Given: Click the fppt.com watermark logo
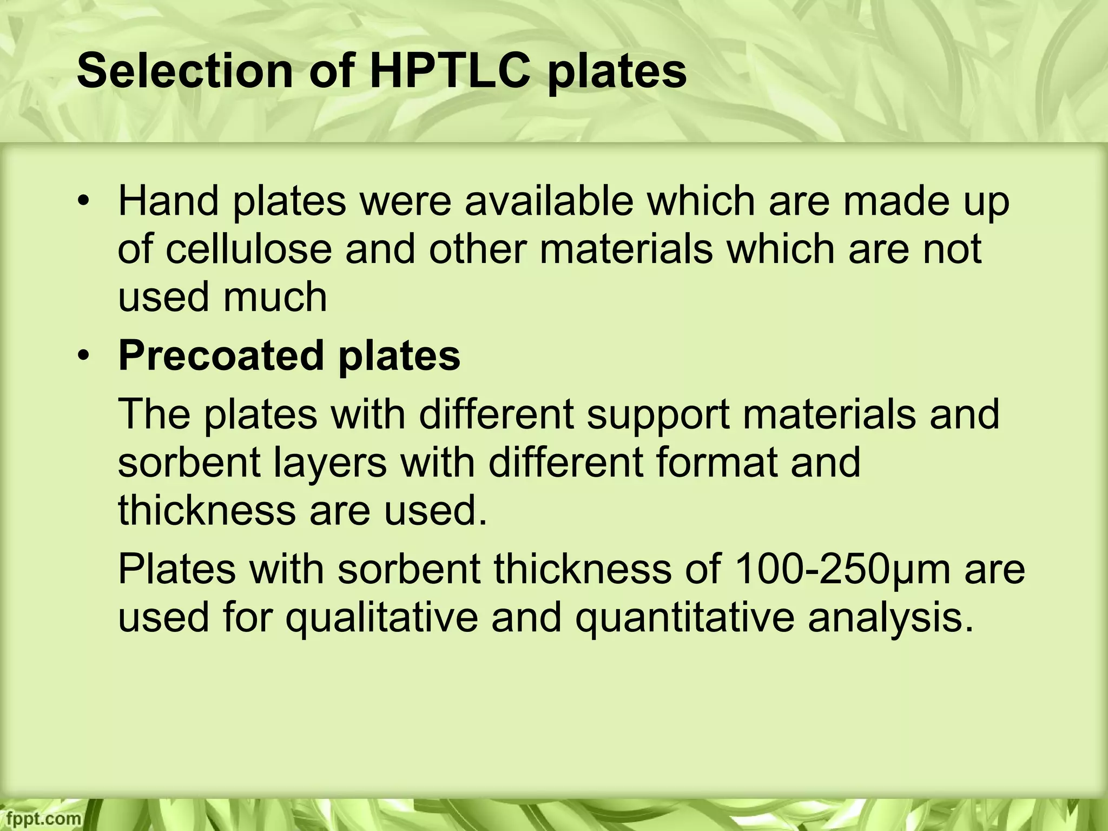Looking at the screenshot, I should click(x=41, y=819).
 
